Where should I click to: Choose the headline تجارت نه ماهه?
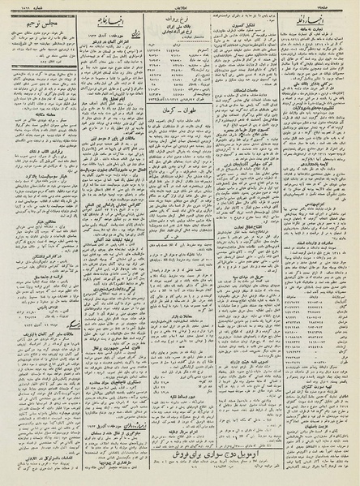coord(319,30)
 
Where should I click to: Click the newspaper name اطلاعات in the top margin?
coord(180,5)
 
